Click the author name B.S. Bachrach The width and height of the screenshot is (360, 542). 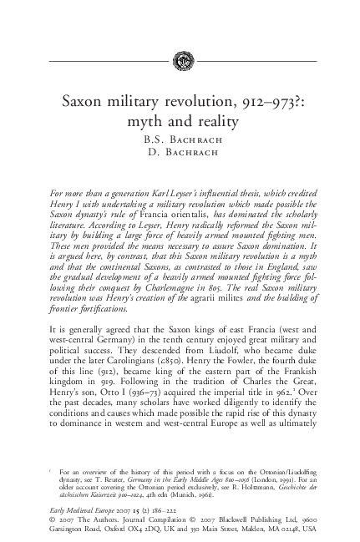pyautogui.click(x=180, y=139)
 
